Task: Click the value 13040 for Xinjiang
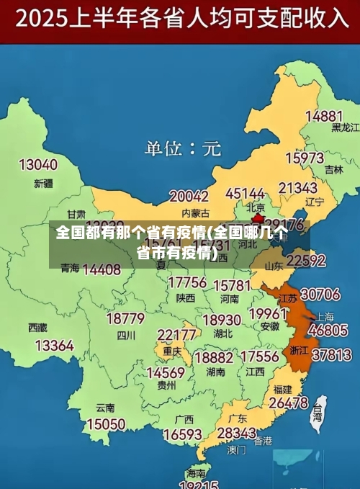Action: pyautogui.click(x=38, y=164)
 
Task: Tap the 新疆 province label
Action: pyautogui.click(x=43, y=184)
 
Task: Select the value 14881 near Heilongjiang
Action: pyautogui.click(x=323, y=116)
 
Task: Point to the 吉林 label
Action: pyautogui.click(x=333, y=170)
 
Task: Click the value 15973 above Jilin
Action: pyautogui.click(x=305, y=158)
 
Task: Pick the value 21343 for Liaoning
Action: pyautogui.click(x=297, y=188)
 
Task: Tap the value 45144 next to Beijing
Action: pyautogui.click(x=246, y=194)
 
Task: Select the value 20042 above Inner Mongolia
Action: pyautogui.click(x=189, y=196)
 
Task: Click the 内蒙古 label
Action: pyautogui.click(x=195, y=213)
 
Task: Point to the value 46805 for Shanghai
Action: pyautogui.click(x=328, y=330)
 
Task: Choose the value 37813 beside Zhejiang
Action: pyautogui.click(x=331, y=354)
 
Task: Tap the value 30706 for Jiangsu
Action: pyautogui.click(x=320, y=295)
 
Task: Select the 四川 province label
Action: pyautogui.click(x=126, y=335)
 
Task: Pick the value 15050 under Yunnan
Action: pyautogui.click(x=105, y=424)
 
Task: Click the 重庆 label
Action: pyautogui.click(x=172, y=351)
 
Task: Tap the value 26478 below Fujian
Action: pyautogui.click(x=289, y=403)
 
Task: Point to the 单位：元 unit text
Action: pyautogui.click(x=183, y=149)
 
